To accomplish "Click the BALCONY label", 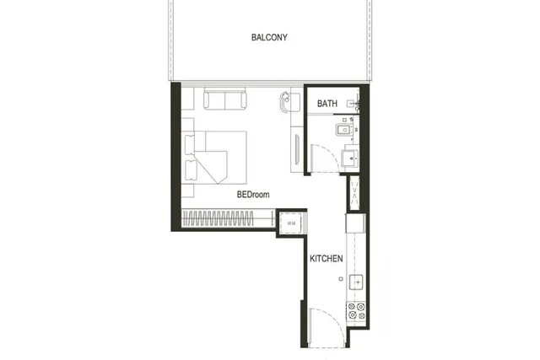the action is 269,37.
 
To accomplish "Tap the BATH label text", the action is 327,103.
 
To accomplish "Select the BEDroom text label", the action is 253,195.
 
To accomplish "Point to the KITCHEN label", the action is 327,259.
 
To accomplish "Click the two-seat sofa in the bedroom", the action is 225,99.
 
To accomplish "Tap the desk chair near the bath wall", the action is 285,102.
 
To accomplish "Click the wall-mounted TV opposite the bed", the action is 297,149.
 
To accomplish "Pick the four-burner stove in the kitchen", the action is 356,311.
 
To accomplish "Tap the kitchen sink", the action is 356,282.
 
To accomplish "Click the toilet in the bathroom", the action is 344,130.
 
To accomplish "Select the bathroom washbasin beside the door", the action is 350,159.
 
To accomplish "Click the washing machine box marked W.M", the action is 291,223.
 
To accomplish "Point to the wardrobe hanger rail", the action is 218,218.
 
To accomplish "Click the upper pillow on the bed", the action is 190,145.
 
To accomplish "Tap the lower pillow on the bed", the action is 191,170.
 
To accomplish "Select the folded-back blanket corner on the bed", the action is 213,167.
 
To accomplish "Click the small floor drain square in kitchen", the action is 341,279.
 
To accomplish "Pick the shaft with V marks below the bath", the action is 354,192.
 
